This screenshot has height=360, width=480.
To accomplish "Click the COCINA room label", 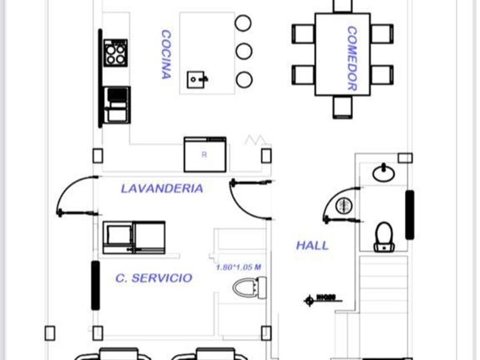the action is pyautogui.click(x=166, y=54).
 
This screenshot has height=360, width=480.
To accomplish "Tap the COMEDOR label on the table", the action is pyautogui.click(x=351, y=58).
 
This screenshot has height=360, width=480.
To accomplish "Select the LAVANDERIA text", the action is pyautogui.click(x=162, y=188).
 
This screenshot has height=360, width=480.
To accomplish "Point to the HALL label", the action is pyautogui.click(x=312, y=246).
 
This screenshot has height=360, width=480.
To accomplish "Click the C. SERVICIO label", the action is pyautogui.click(x=154, y=278).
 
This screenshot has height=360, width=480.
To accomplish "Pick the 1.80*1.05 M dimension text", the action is pyautogui.click(x=238, y=267).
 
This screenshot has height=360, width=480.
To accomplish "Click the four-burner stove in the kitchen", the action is pyautogui.click(x=115, y=53).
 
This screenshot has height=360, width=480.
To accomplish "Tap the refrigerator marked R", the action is pyautogui.click(x=205, y=154).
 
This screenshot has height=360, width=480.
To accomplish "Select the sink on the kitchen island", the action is pyautogui.click(x=197, y=79).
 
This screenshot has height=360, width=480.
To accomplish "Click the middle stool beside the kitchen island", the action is pyautogui.click(x=244, y=51).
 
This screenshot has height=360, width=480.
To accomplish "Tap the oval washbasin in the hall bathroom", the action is pyautogui.click(x=382, y=172).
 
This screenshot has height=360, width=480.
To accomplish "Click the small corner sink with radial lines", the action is pyautogui.click(x=343, y=206).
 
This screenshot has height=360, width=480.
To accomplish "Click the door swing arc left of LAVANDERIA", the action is pyautogui.click(x=74, y=194).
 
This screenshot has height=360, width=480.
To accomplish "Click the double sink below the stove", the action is pyautogui.click(x=117, y=104).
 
